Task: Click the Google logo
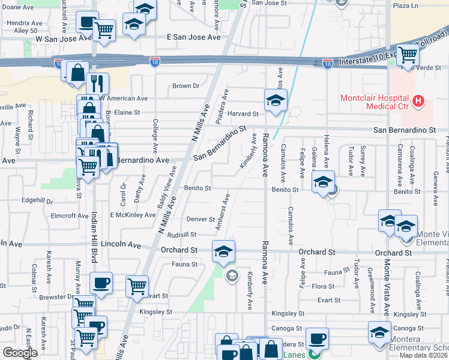click(20, 353)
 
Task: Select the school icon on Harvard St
click(276, 100)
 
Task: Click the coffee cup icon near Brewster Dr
click(100, 283)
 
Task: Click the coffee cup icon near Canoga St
click(317, 338)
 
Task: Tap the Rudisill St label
click(182, 235)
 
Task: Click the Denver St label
click(200, 219)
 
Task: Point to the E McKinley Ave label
click(133, 214)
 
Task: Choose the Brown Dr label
click(185, 86)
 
